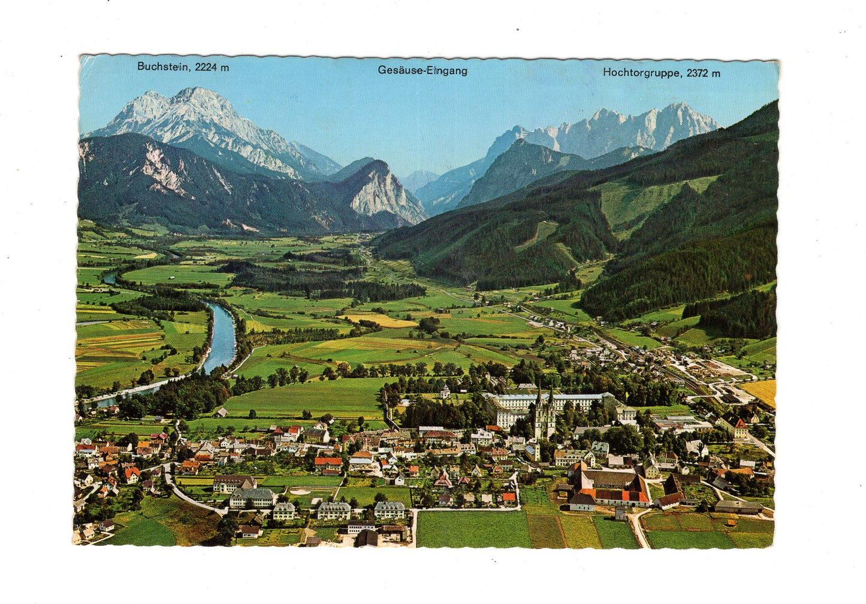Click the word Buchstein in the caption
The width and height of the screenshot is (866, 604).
coord(162,66)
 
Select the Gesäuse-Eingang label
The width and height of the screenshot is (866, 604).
coord(422,71)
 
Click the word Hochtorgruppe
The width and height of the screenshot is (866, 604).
coord(641,73)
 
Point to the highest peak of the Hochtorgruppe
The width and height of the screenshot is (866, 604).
coord(680,106)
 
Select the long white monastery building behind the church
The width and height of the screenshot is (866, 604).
coord(551,400)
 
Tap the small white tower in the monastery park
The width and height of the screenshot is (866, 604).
coord(445,392)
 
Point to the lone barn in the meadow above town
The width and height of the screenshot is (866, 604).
coord(221,412)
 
